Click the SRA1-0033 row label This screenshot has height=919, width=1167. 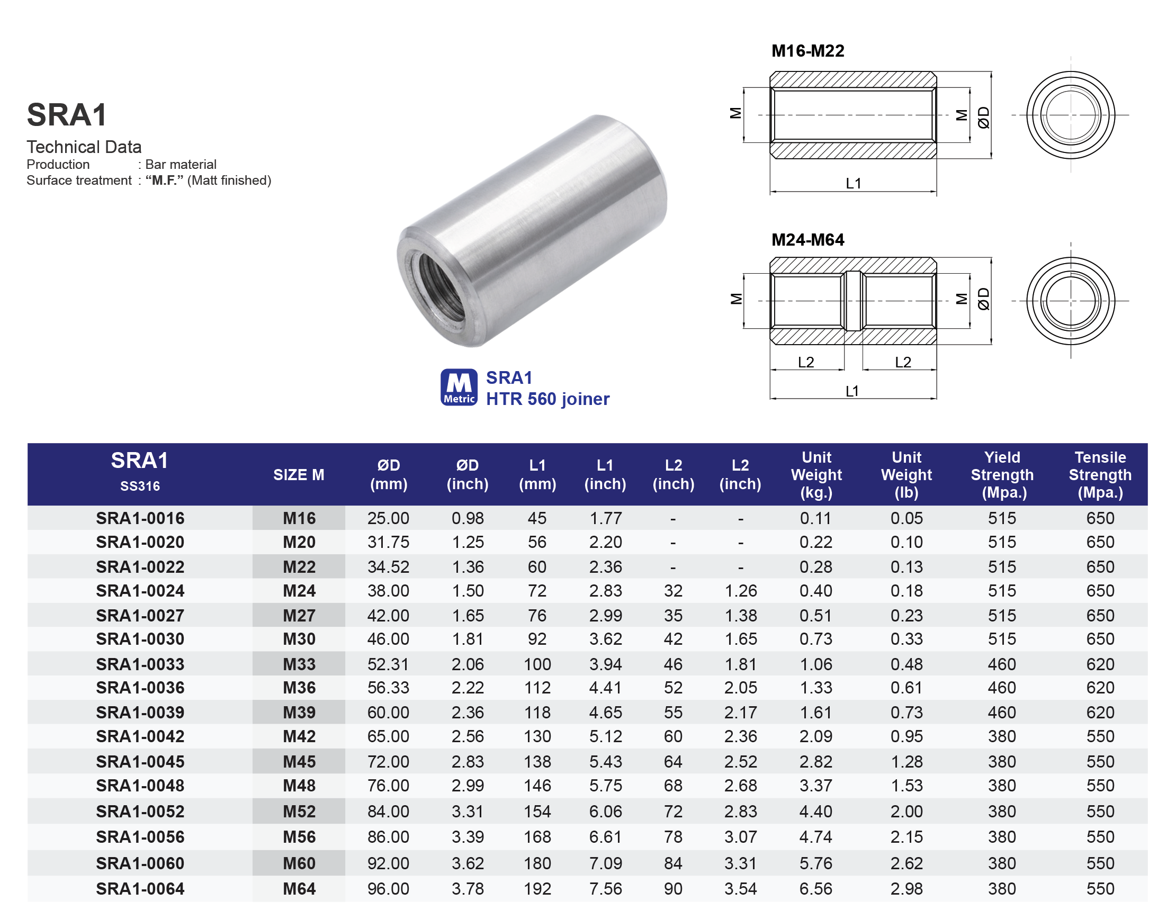(140, 664)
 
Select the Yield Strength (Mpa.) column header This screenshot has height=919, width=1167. (1001, 474)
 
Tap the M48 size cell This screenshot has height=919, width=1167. (299, 786)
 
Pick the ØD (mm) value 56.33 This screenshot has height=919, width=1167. (388, 688)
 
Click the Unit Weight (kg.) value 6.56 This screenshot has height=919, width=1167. (815, 889)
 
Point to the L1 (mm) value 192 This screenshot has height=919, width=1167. (537, 889)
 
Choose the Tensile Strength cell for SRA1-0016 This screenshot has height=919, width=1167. (1100, 518)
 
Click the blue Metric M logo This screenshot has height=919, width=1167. (459, 387)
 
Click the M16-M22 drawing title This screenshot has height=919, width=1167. (807, 51)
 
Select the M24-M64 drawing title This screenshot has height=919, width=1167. (807, 240)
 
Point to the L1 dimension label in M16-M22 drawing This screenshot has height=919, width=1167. (854, 184)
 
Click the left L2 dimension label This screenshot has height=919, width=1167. (805, 362)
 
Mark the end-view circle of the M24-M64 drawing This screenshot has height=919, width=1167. (1070, 301)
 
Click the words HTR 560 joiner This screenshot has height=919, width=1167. (547, 399)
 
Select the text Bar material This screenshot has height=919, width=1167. (181, 164)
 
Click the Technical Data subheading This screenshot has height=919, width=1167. (84, 147)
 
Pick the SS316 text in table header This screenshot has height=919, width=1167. (140, 486)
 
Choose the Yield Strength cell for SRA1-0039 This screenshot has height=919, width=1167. (1001, 713)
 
